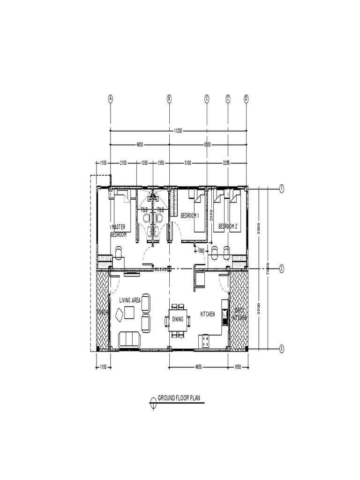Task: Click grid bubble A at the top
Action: pyautogui.click(x=111, y=98)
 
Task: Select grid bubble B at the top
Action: pyautogui.click(x=169, y=98)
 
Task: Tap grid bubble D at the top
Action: pyautogui.click(x=247, y=98)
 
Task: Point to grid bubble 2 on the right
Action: pyautogui.click(x=282, y=269)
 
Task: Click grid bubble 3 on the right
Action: pyautogui.click(x=282, y=348)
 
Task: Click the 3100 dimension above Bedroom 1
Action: pyautogui.click(x=187, y=163)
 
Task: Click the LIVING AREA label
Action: pyautogui.click(x=130, y=300)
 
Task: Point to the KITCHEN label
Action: pyautogui.click(x=208, y=314)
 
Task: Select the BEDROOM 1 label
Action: pyautogui.click(x=190, y=215)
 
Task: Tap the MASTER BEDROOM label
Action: pyautogui.click(x=119, y=230)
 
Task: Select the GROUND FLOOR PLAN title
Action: pyautogui.click(x=179, y=398)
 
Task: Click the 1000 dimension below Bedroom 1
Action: pyautogui.click(x=201, y=250)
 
